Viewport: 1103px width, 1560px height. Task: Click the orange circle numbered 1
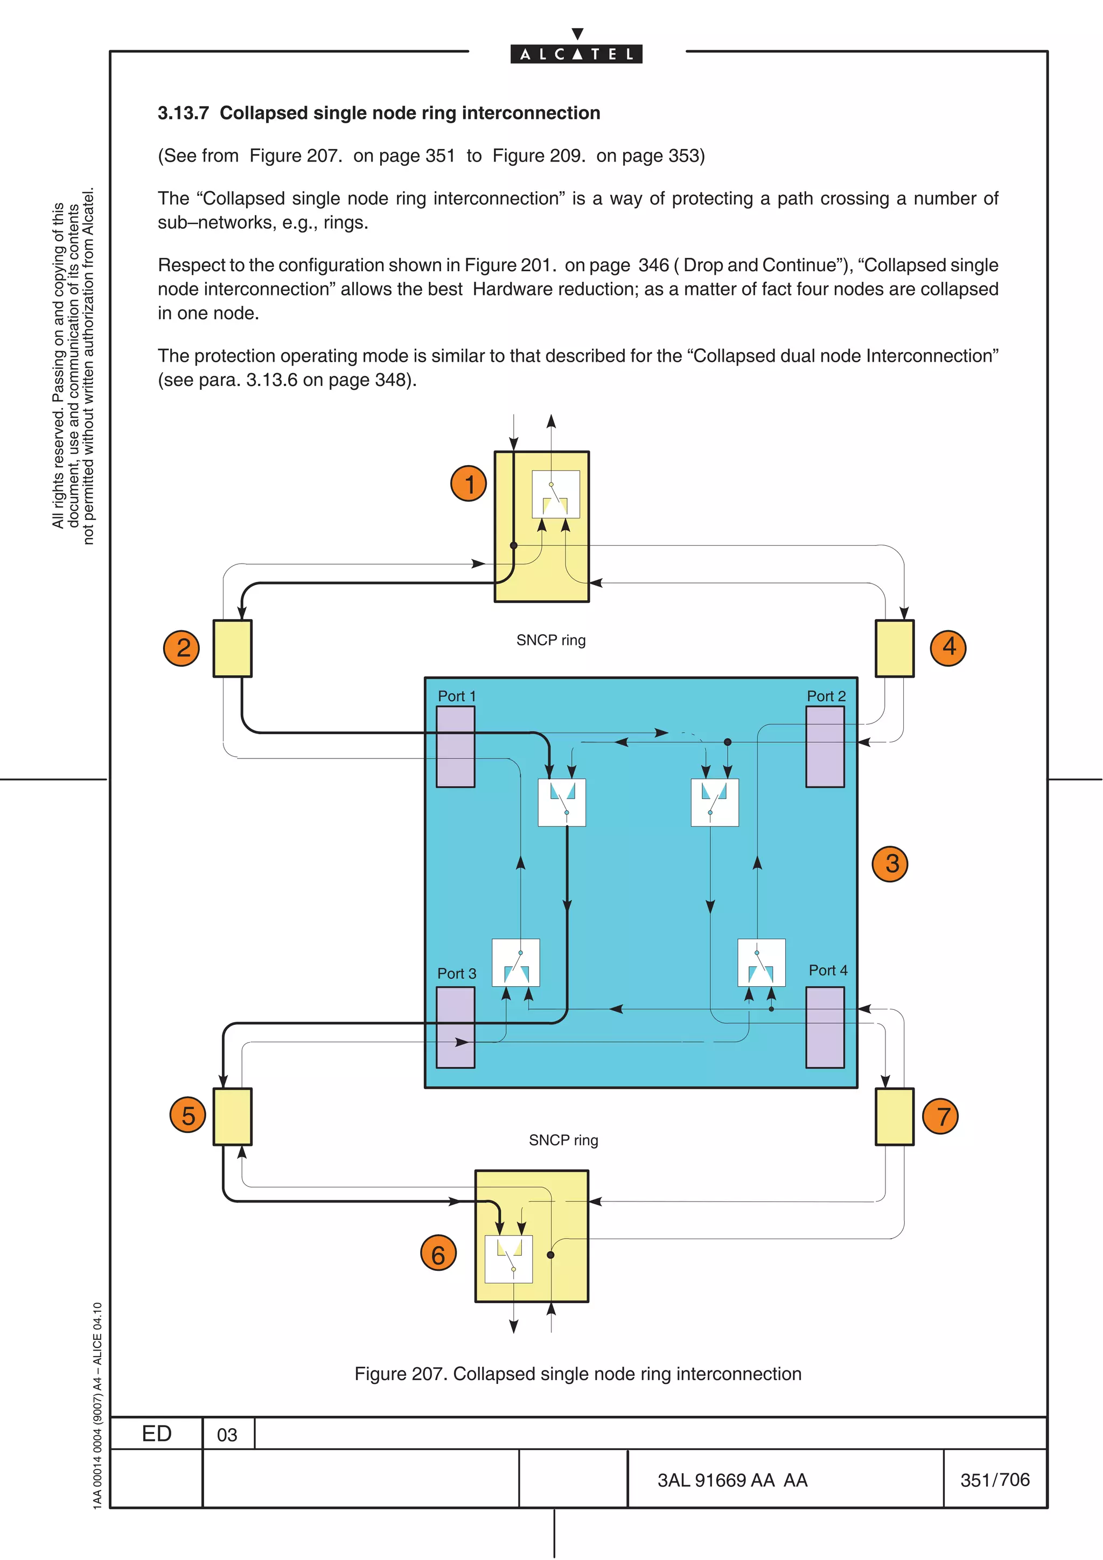tap(468, 484)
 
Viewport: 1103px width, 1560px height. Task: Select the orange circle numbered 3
tap(890, 863)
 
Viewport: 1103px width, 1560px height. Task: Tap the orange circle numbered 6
tap(438, 1254)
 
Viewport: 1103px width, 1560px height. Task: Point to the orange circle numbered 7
tap(940, 1116)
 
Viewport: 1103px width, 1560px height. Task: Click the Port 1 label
tap(457, 697)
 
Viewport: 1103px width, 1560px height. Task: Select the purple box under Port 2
tap(825, 746)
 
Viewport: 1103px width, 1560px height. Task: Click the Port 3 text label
tap(457, 974)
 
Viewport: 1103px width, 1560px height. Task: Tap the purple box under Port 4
tap(825, 1027)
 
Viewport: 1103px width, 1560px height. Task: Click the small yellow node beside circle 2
tap(233, 648)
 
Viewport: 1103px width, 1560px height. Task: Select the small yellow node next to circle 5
tap(233, 1116)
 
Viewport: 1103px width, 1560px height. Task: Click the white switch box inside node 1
tap(555, 494)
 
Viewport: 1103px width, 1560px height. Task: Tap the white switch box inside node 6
tap(508, 1259)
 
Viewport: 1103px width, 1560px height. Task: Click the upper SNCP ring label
tap(550, 640)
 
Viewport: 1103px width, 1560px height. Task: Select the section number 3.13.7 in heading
tap(183, 113)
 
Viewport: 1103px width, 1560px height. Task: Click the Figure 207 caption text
tap(578, 1374)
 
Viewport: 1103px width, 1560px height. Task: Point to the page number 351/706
tap(994, 1480)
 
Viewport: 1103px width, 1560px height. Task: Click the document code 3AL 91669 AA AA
tap(732, 1480)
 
